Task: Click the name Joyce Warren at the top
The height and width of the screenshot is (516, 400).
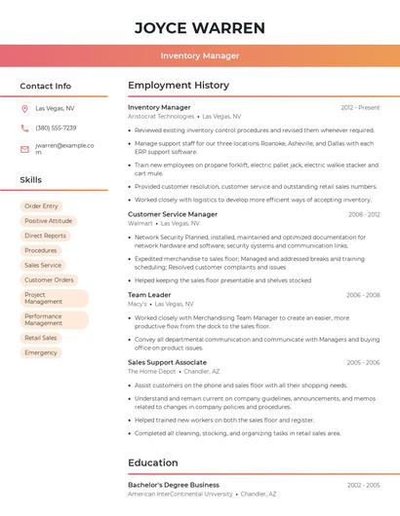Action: click(x=200, y=27)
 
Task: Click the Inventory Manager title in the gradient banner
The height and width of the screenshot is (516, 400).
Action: click(x=200, y=55)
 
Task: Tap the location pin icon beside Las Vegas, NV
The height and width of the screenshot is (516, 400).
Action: click(x=24, y=108)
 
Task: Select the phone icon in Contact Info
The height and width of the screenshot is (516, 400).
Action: click(x=24, y=128)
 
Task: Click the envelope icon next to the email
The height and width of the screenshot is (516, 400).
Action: click(x=24, y=149)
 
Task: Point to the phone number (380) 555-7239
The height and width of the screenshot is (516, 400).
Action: click(x=56, y=128)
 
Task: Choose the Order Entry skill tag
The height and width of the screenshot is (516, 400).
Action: click(x=41, y=206)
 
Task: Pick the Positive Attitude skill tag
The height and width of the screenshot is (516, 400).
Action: click(x=48, y=221)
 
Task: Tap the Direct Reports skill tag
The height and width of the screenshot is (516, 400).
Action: click(x=46, y=236)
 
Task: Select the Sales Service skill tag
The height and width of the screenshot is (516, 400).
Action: click(x=43, y=265)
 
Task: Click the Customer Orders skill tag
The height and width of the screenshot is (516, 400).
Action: click(x=49, y=279)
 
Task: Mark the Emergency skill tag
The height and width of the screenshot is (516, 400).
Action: click(x=41, y=352)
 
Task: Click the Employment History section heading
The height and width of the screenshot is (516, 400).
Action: click(x=179, y=86)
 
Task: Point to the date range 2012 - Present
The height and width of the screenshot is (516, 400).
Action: click(x=360, y=107)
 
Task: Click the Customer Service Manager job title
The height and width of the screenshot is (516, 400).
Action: click(x=173, y=214)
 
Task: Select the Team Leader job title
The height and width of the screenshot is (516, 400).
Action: click(x=149, y=294)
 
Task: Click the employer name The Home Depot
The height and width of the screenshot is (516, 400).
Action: click(x=152, y=371)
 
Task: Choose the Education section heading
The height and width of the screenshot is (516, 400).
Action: click(x=153, y=462)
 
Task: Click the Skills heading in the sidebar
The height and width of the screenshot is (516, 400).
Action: click(x=31, y=180)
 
